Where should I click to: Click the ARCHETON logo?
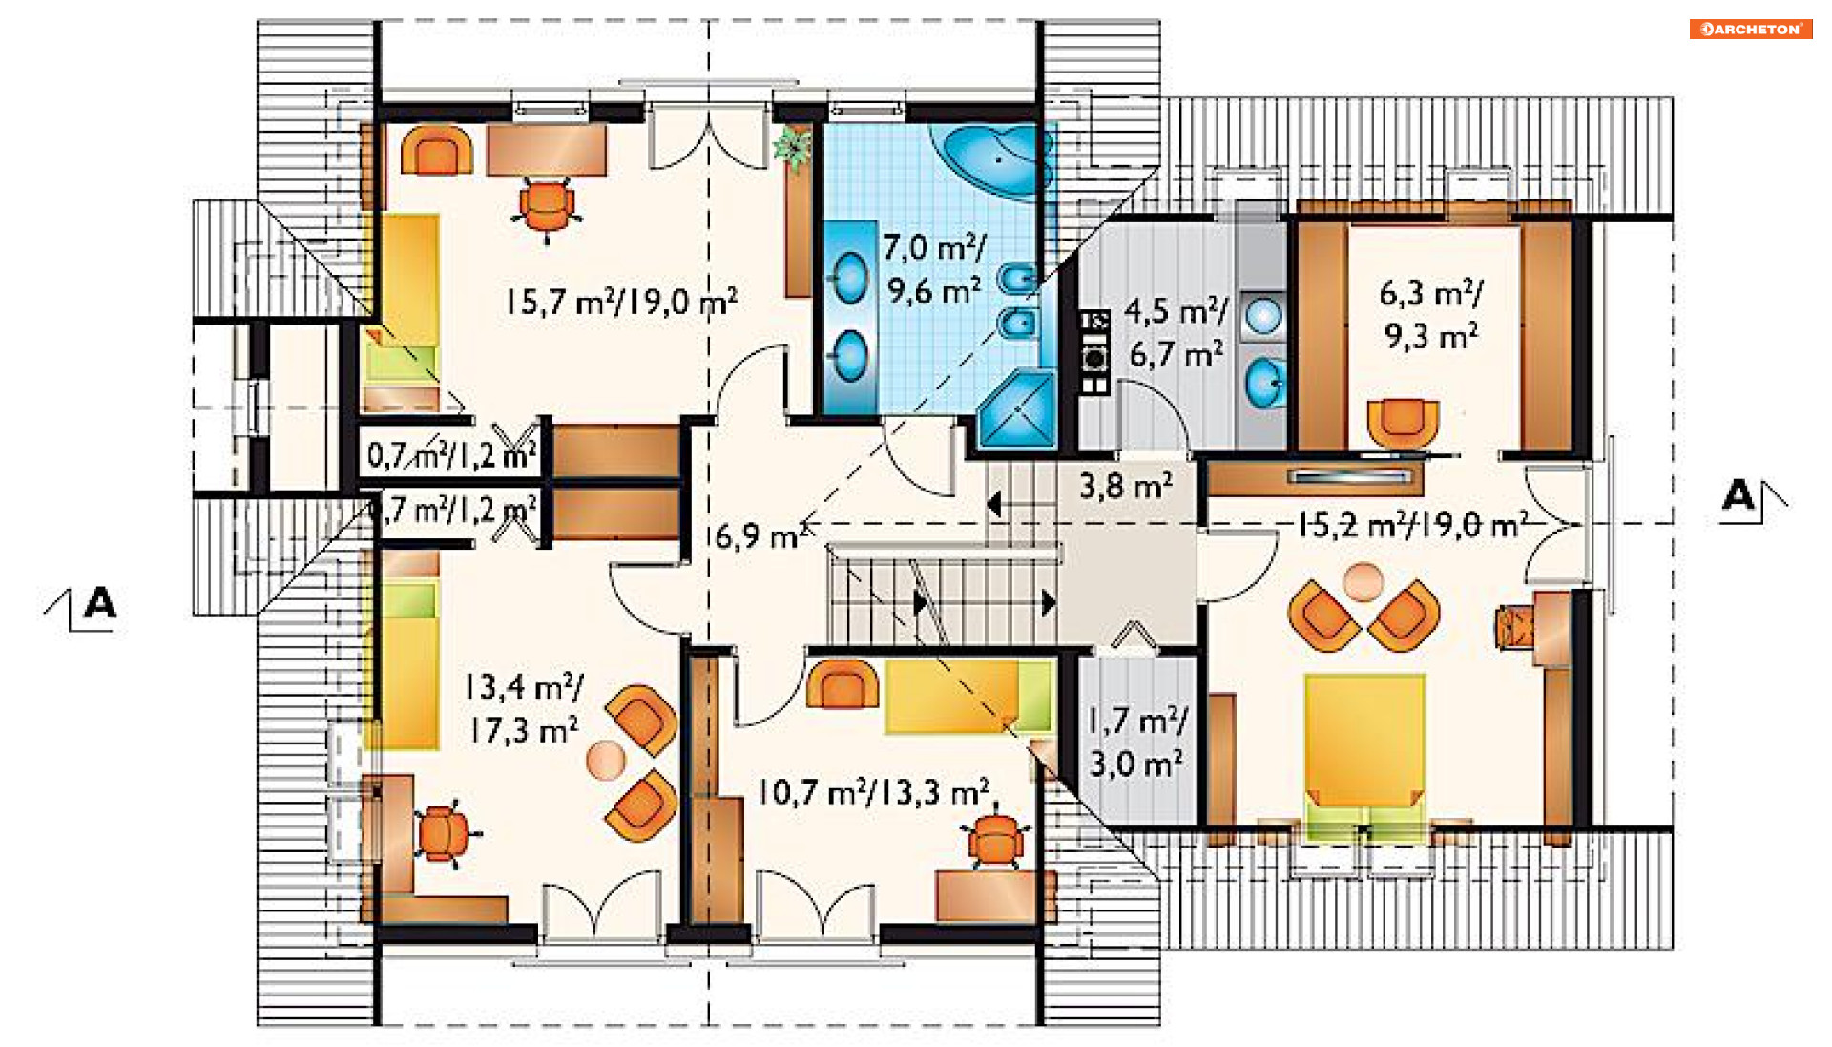tap(1750, 29)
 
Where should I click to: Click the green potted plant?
tap(792, 147)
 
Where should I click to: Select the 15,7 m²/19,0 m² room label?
tap(621, 302)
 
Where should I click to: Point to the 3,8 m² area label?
tap(1126, 486)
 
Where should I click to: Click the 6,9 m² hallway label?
tap(760, 535)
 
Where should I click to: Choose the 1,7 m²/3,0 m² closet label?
tap(1137, 742)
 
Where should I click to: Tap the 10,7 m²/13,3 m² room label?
tap(873, 792)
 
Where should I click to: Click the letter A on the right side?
tap(1738, 496)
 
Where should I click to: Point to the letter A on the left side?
tap(100, 603)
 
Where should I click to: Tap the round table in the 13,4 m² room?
tap(606, 760)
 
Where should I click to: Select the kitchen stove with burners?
tap(1094, 352)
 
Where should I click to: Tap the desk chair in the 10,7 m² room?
tap(996, 839)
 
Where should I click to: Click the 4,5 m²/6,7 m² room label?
tap(1176, 332)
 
